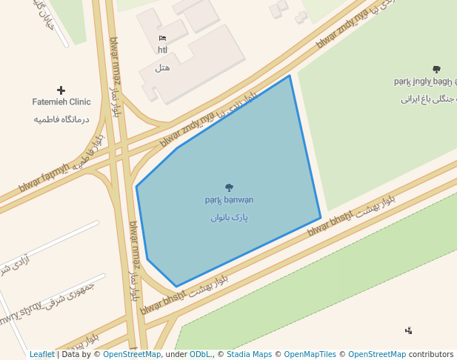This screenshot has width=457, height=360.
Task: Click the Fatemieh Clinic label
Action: pyautogui.click(x=61, y=102)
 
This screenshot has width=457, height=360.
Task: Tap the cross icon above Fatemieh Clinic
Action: pyautogui.click(x=61, y=90)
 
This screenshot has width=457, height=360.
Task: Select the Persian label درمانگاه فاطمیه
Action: pyautogui.click(x=61, y=119)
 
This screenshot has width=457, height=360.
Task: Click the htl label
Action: pyautogui.click(x=162, y=50)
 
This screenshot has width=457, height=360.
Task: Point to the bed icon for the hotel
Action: pyautogui.click(x=162, y=38)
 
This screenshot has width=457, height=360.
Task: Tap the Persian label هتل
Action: pyautogui.click(x=162, y=68)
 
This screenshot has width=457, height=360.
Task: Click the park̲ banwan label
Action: pyautogui.click(x=229, y=200)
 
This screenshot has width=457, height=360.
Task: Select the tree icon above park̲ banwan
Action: pyautogui.click(x=229, y=188)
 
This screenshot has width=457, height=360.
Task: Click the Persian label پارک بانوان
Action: pyautogui.click(x=229, y=218)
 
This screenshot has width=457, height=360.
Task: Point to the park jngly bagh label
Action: pyautogui.click(x=425, y=81)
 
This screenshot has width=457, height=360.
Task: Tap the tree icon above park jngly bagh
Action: pyautogui.click(x=436, y=70)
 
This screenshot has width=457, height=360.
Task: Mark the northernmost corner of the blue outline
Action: pyautogui.click(x=290, y=76)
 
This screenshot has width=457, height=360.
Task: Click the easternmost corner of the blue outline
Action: pyautogui.click(x=321, y=218)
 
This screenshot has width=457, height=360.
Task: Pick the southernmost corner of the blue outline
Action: pyautogui.click(x=176, y=287)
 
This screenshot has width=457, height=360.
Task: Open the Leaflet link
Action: pyautogui.click(x=41, y=355)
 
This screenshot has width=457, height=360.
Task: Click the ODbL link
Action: pyautogui.click(x=200, y=355)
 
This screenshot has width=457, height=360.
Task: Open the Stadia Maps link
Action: pyautogui.click(x=250, y=355)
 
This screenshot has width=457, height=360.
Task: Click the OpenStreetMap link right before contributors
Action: pyautogui.click(x=376, y=355)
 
